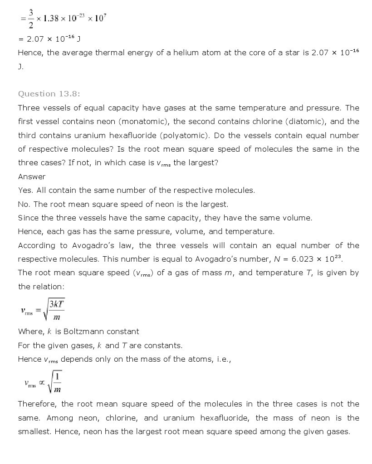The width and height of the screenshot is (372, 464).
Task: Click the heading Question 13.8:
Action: pyautogui.click(x=49, y=94)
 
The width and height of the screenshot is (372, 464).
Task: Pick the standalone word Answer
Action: pyautogui.click(x=32, y=177)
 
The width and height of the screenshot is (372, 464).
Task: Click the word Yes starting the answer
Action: pyautogui.click(x=25, y=190)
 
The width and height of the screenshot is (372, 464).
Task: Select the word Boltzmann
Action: pyautogui.click(x=87, y=331)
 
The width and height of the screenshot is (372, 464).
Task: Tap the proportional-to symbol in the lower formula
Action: pyautogui.click(x=42, y=383)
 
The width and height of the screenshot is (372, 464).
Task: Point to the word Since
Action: pyautogui.click(x=28, y=218)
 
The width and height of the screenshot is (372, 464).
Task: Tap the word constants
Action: pyautogui.click(x=163, y=345)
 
